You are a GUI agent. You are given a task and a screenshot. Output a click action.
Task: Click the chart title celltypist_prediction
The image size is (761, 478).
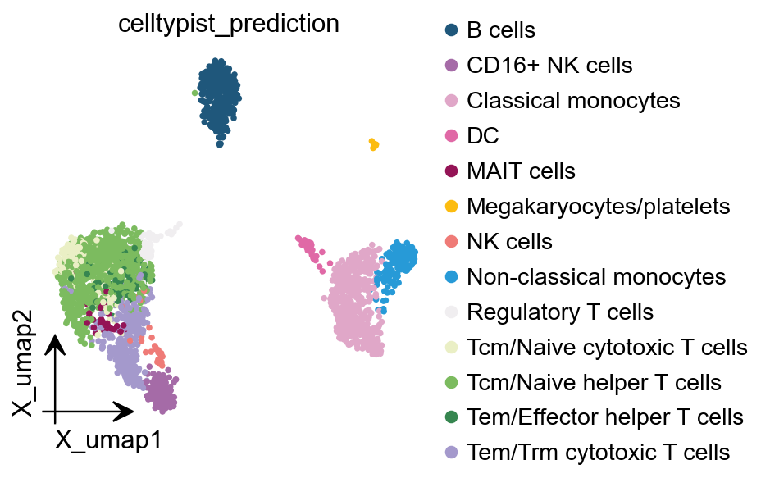click(x=229, y=24)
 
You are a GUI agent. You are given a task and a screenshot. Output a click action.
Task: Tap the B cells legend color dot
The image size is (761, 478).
click(x=450, y=31)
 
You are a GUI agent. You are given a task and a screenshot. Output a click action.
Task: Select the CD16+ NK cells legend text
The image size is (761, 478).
click(x=549, y=66)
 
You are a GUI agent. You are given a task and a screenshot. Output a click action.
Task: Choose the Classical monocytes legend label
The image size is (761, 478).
click(x=573, y=101)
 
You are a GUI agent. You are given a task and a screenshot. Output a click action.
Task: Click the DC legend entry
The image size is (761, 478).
click(x=483, y=136)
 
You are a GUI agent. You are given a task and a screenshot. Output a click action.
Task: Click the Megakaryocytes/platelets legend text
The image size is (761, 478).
click(x=598, y=207)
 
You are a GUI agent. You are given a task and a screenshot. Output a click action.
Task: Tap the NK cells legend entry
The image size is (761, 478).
click(x=509, y=242)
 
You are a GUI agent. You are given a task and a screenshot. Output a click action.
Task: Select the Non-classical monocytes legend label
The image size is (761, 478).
click(x=596, y=277)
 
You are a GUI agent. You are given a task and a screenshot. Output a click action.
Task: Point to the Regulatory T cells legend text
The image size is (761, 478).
click(x=559, y=312)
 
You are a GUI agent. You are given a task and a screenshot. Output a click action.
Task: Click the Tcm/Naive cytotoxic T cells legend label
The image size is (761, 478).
click(x=607, y=348)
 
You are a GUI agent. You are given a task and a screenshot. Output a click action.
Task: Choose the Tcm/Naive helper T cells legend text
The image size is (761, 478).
click(x=594, y=383)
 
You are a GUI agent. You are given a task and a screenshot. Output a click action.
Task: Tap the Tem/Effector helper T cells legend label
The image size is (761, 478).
click(x=604, y=417)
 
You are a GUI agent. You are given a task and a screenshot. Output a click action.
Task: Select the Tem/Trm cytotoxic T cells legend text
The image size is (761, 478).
click(x=598, y=452)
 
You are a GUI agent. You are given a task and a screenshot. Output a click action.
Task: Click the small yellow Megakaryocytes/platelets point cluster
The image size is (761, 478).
click(x=374, y=145)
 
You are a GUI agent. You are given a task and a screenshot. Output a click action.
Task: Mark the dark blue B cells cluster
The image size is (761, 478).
click(x=218, y=97)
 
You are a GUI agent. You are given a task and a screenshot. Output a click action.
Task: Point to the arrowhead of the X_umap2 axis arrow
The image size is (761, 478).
click(x=54, y=345)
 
